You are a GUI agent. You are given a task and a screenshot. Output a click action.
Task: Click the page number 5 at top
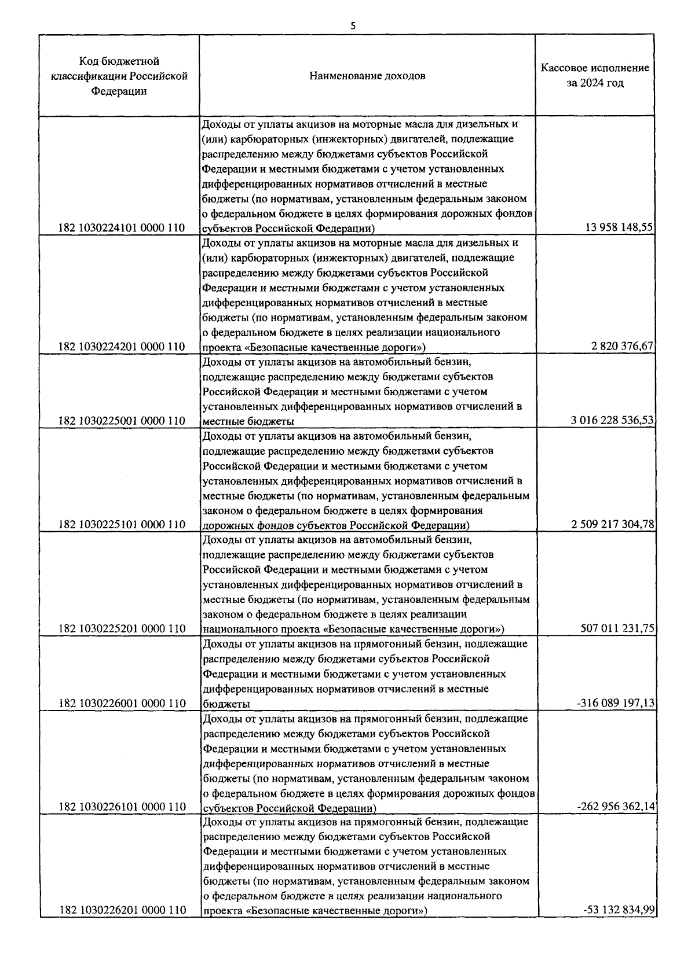[x=353, y=25]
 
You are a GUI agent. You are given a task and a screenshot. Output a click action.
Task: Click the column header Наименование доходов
[x=367, y=76]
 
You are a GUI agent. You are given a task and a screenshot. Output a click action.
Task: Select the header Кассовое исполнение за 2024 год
[x=595, y=76]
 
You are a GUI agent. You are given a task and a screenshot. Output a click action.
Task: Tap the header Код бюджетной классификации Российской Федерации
[x=119, y=76]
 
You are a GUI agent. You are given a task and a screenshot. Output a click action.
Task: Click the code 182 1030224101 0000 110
[x=122, y=228]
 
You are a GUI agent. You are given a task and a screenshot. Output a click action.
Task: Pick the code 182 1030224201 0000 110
[x=122, y=347]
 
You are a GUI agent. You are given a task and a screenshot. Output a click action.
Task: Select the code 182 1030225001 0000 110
[x=122, y=421]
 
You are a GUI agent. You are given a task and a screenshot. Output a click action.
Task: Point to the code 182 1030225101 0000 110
[x=122, y=525]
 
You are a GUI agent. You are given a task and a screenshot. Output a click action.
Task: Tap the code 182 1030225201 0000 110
[x=122, y=629]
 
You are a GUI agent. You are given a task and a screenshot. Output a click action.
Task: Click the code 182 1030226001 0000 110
[x=122, y=704]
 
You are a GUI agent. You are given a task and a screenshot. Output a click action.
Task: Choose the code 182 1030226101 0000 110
[x=122, y=807]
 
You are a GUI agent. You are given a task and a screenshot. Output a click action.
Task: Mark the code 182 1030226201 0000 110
[x=122, y=911]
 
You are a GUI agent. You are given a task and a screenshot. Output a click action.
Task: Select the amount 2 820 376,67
[x=622, y=347]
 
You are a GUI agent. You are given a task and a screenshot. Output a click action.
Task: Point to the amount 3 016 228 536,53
[x=612, y=421]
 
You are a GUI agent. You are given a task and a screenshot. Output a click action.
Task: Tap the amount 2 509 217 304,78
[x=612, y=525]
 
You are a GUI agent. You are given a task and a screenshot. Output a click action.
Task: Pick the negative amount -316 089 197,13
[x=615, y=704]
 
